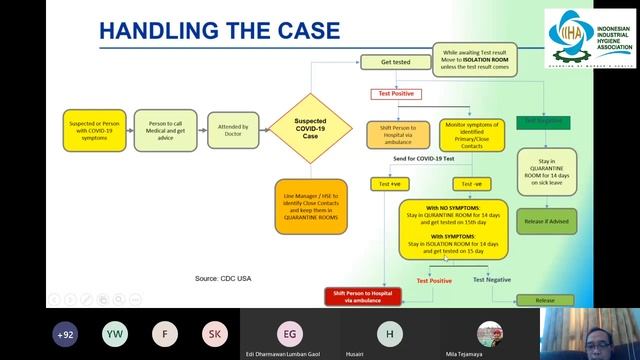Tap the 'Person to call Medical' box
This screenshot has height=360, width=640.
(x=164, y=130)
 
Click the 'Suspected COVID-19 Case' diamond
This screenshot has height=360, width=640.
(x=309, y=129)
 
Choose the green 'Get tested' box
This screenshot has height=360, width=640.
(x=392, y=62)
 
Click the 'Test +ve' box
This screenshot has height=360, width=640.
(x=386, y=184)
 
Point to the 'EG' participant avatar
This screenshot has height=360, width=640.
(x=290, y=334)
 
